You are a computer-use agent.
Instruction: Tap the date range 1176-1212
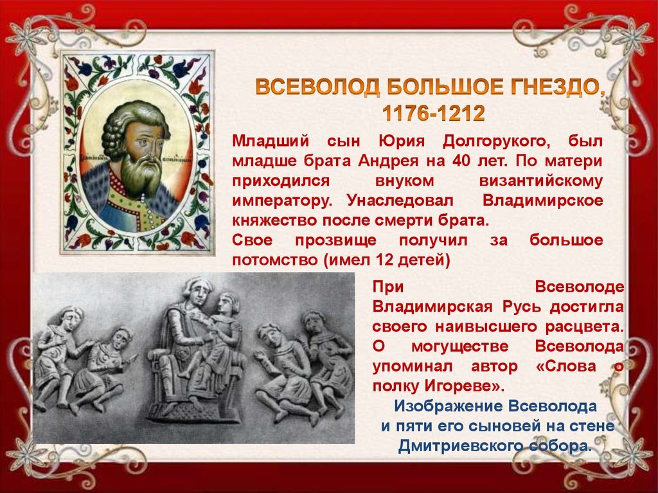click(433, 114)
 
